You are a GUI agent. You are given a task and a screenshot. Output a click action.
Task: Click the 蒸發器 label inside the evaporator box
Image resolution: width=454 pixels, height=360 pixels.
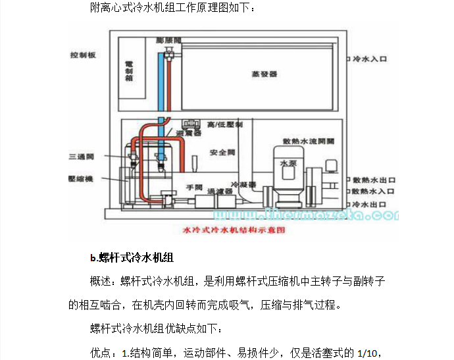click(x=264, y=74)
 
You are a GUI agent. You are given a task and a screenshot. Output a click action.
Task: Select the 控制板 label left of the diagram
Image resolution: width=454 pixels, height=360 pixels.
click(x=84, y=55)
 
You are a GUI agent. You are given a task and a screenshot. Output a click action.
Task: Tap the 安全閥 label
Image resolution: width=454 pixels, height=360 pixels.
click(x=218, y=152)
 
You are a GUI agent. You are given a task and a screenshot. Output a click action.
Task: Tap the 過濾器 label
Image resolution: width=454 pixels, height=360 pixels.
click(x=220, y=192)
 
